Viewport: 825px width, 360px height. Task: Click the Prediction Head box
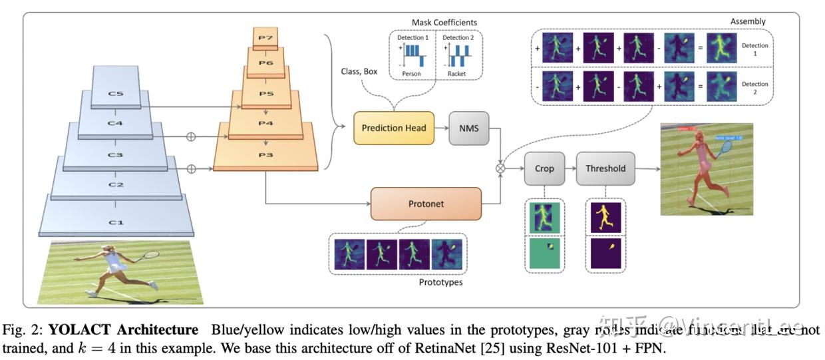[x=394, y=128]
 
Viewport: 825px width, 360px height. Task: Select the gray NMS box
[x=469, y=128]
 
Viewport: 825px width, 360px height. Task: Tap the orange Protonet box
[x=426, y=203]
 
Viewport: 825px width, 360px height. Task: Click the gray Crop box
[x=544, y=169]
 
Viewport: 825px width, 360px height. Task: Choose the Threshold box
[x=605, y=169]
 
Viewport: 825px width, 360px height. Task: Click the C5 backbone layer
[x=116, y=94]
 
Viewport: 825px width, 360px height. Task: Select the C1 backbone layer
[x=116, y=222]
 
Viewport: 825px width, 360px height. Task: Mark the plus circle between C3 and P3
[x=192, y=169]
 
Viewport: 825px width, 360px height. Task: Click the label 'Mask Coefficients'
[x=435, y=23]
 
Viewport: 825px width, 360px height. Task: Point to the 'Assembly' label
[x=747, y=21]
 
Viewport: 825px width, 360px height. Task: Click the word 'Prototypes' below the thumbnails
[x=440, y=282]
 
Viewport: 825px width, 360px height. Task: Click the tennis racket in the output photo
[x=727, y=147]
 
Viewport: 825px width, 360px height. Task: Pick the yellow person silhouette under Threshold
[x=605, y=217]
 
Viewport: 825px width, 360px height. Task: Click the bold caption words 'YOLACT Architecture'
[x=123, y=330]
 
